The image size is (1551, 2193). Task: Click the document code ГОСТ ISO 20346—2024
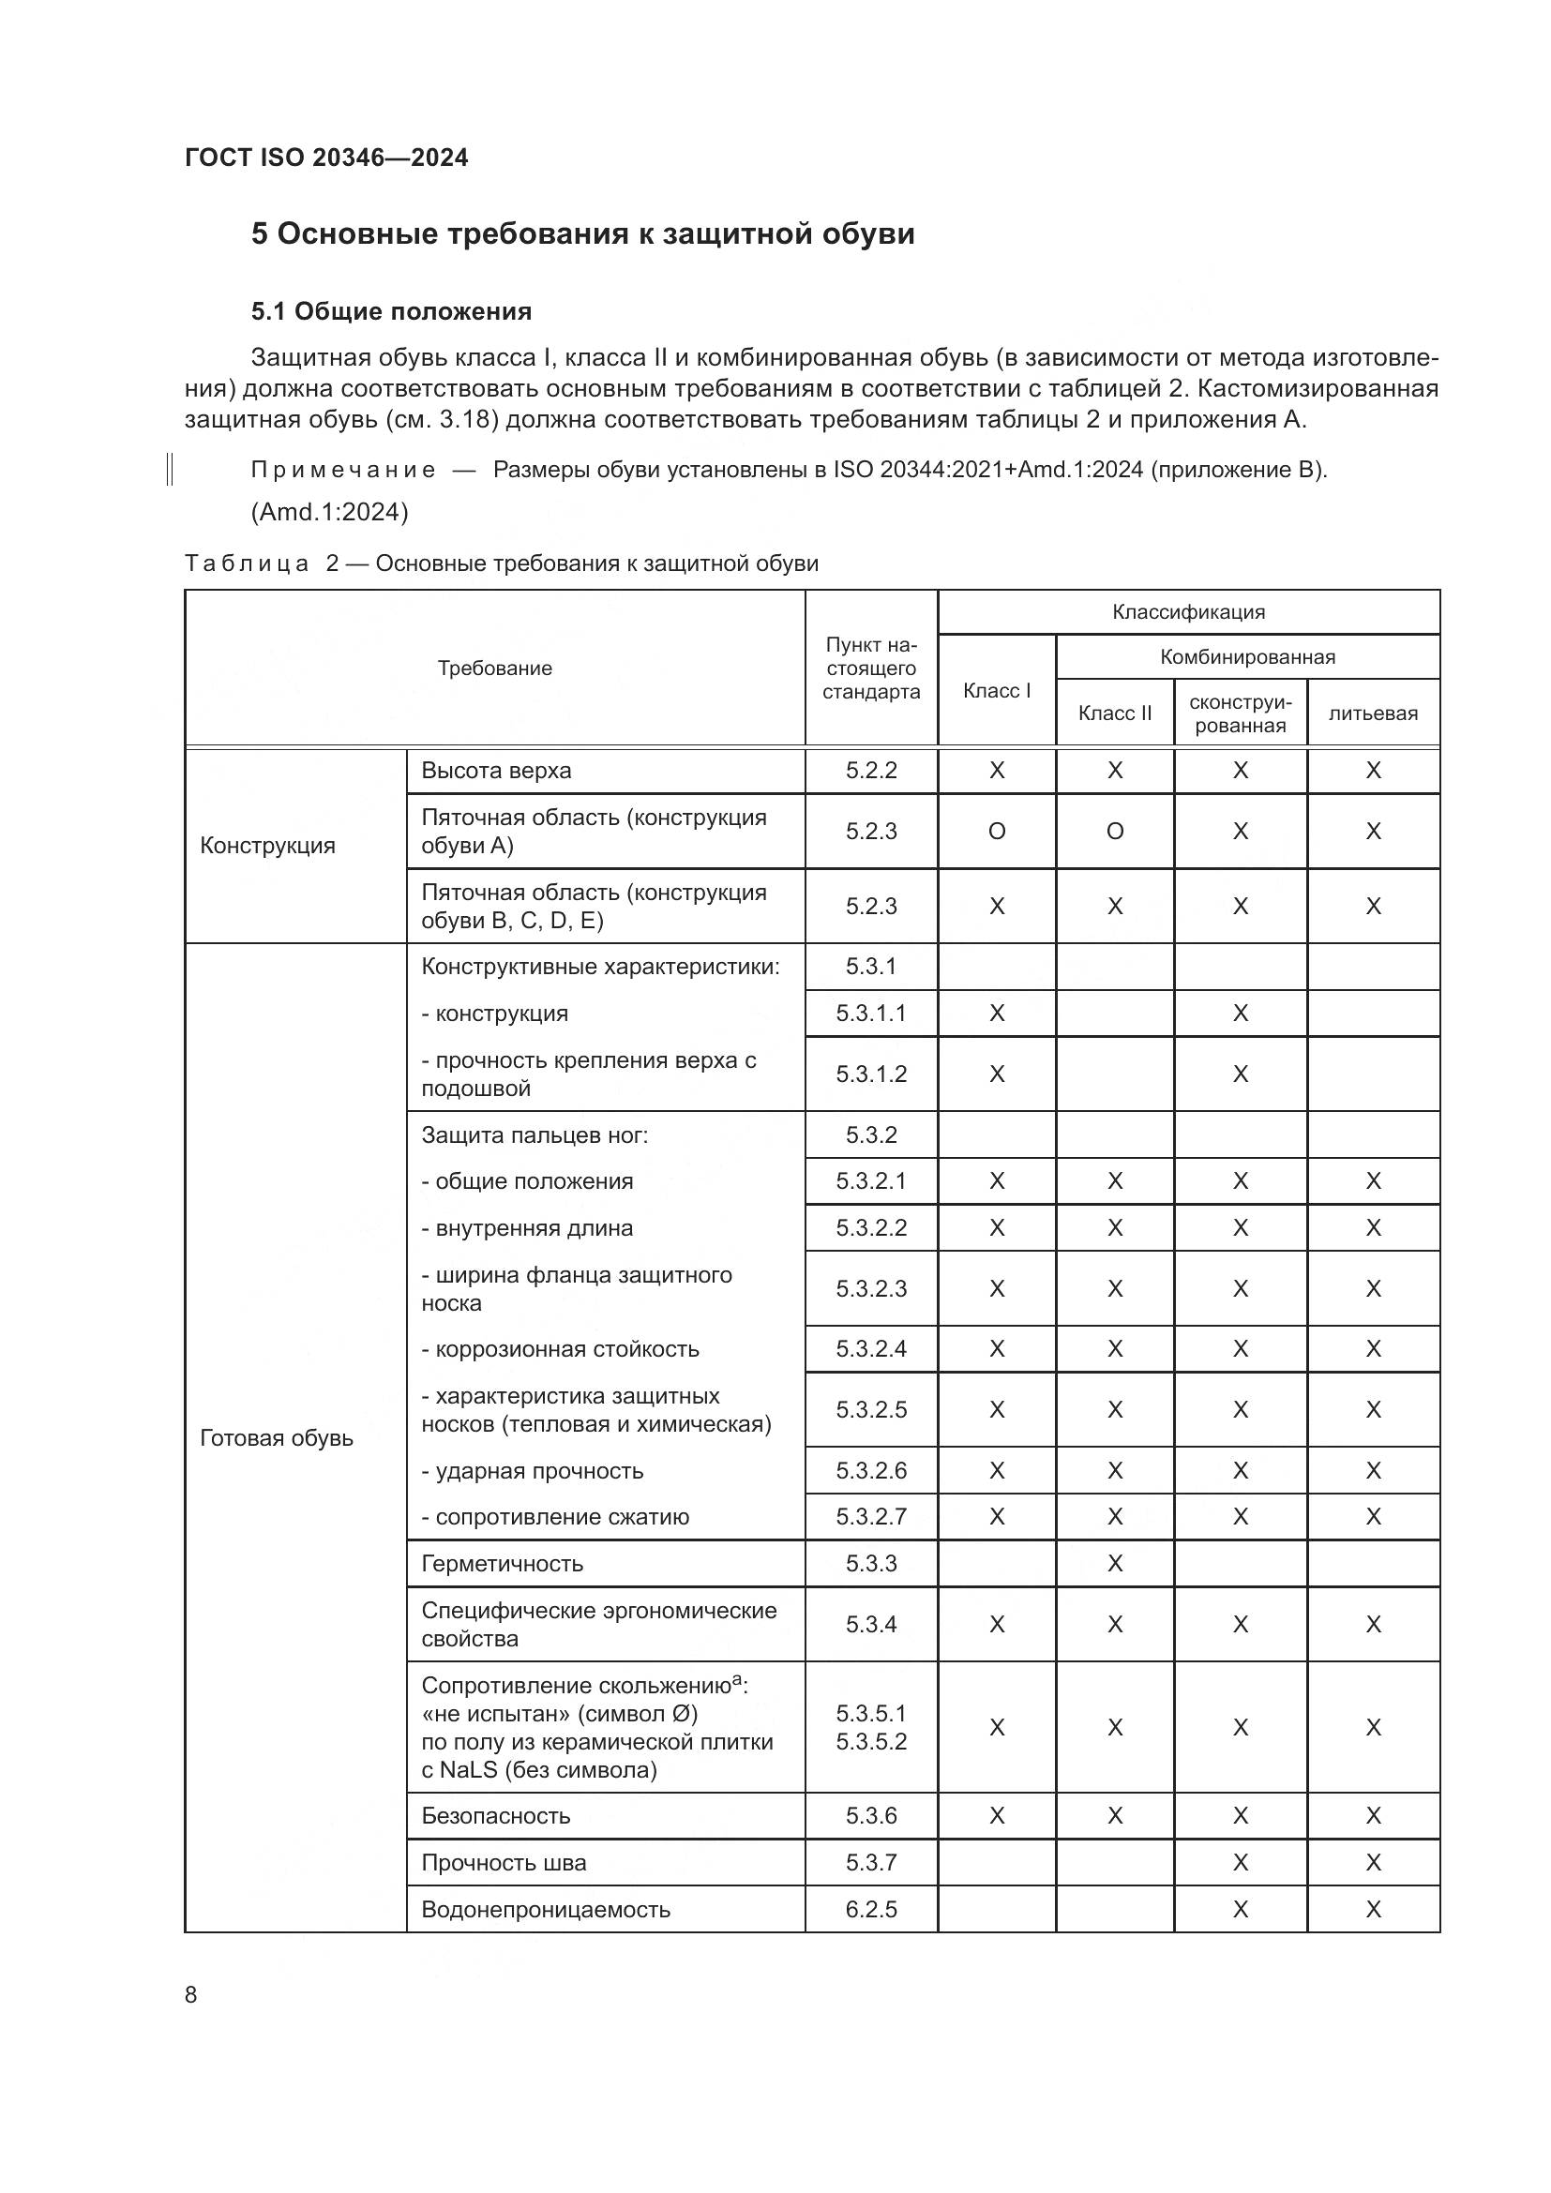(x=325, y=158)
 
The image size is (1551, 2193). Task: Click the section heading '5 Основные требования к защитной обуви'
(x=582, y=234)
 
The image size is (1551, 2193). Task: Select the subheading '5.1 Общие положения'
(x=392, y=311)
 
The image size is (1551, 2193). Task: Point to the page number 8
(x=191, y=1994)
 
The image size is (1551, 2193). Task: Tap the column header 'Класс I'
(x=996, y=691)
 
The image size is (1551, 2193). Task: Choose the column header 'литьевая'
(x=1373, y=713)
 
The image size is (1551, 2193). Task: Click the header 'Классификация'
(x=1188, y=612)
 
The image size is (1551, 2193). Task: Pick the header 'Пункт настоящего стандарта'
(x=871, y=668)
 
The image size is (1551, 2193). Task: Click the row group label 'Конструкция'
(x=267, y=846)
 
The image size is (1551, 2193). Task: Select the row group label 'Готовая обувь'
(x=276, y=1438)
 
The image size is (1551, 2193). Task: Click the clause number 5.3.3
(x=871, y=1564)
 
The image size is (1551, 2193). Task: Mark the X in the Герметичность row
(x=1115, y=1564)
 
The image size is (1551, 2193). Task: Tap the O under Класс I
(x=996, y=831)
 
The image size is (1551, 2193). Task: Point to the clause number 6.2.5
(x=871, y=1909)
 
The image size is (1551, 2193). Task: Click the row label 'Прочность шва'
(x=504, y=1863)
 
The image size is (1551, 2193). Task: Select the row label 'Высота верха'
(x=496, y=771)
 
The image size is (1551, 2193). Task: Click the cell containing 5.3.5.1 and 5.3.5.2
(x=871, y=1727)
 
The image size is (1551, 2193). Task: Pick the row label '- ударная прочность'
(x=532, y=1471)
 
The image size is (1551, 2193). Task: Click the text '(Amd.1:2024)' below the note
(x=329, y=513)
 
